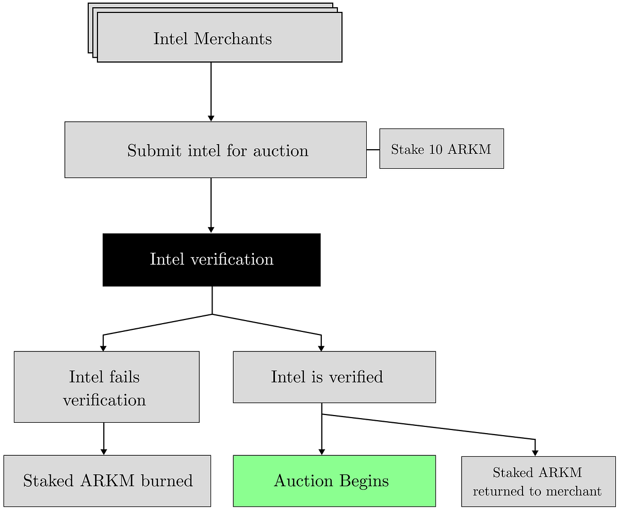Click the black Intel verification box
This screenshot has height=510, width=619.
pyautogui.click(x=211, y=260)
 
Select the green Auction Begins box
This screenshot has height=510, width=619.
pyautogui.click(x=334, y=481)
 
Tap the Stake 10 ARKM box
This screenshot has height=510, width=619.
pyautogui.click(x=442, y=149)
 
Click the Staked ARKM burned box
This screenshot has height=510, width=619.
pyautogui.click(x=107, y=481)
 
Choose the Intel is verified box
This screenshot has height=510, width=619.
pyautogui.click(x=334, y=377)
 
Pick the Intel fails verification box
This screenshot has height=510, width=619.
pyautogui.click(x=107, y=387)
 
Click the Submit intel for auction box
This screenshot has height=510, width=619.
pyautogui.click(x=216, y=150)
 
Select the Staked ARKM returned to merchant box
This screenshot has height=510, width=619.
pyautogui.click(x=539, y=482)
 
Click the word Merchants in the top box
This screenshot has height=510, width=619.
pyautogui.click(x=233, y=39)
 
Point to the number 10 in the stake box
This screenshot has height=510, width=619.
pyautogui.click(x=435, y=149)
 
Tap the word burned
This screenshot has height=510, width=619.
pyautogui.click(x=167, y=481)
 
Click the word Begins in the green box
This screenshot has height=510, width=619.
pyautogui.click(x=364, y=482)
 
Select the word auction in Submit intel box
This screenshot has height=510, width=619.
pyautogui.click(x=281, y=151)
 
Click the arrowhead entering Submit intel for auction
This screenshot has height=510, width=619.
pyautogui.click(x=211, y=118)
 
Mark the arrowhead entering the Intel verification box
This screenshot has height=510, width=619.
pyautogui.click(x=211, y=230)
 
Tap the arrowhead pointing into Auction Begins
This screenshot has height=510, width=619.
pyautogui.click(x=322, y=452)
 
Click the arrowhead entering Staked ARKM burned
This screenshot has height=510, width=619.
pyautogui.click(x=104, y=452)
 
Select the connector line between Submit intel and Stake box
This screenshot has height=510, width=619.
pyautogui.click(x=373, y=150)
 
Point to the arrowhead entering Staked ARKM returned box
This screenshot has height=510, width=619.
pyautogui.click(x=535, y=453)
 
